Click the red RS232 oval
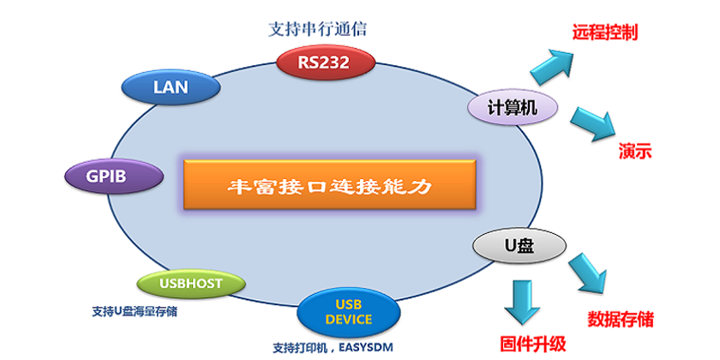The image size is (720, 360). (x=326, y=61)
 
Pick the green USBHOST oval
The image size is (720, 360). (x=190, y=282)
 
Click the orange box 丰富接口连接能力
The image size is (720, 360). (x=327, y=184)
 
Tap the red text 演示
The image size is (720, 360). (x=636, y=152)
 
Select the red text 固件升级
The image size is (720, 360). (x=531, y=345)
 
